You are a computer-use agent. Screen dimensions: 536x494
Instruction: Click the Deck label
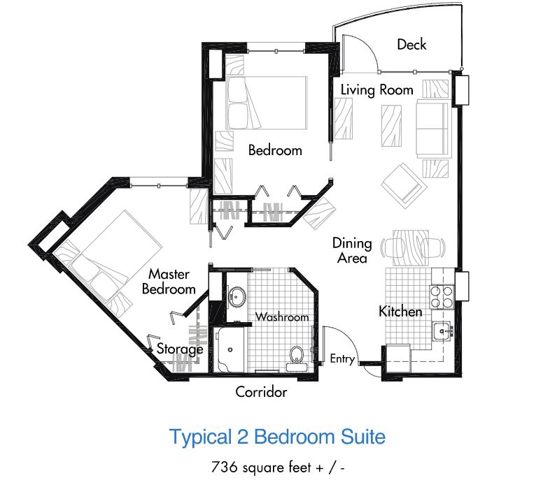(x=411, y=45)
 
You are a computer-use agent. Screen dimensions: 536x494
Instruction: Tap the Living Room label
(x=376, y=90)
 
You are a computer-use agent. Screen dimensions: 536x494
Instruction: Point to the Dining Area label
(x=352, y=250)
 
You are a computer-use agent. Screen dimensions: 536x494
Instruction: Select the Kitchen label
(x=400, y=312)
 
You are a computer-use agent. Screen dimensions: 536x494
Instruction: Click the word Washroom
(x=282, y=317)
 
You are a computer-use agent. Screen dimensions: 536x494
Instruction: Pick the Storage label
(x=180, y=349)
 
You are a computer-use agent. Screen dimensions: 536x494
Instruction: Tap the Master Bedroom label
(x=169, y=282)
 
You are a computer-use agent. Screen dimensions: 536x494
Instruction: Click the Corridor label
(x=261, y=391)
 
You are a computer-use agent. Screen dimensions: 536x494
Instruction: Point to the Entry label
(x=342, y=359)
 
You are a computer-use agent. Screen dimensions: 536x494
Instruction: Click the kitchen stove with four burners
(x=442, y=297)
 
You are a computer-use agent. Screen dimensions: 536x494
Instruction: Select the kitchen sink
(x=442, y=330)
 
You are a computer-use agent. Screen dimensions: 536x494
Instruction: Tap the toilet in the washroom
(x=297, y=358)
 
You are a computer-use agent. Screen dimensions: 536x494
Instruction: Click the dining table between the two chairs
(x=411, y=248)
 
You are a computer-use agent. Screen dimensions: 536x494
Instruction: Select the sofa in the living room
(x=432, y=129)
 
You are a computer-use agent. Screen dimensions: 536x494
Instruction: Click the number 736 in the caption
(x=224, y=467)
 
